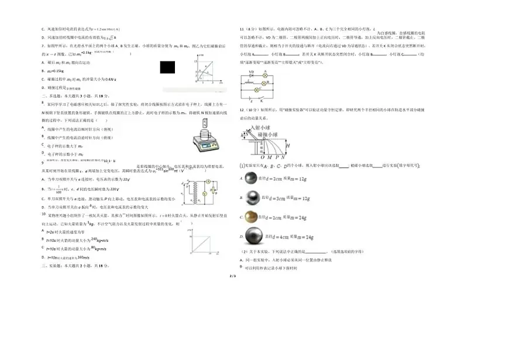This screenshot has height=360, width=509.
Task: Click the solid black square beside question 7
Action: click(x=167, y=67)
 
